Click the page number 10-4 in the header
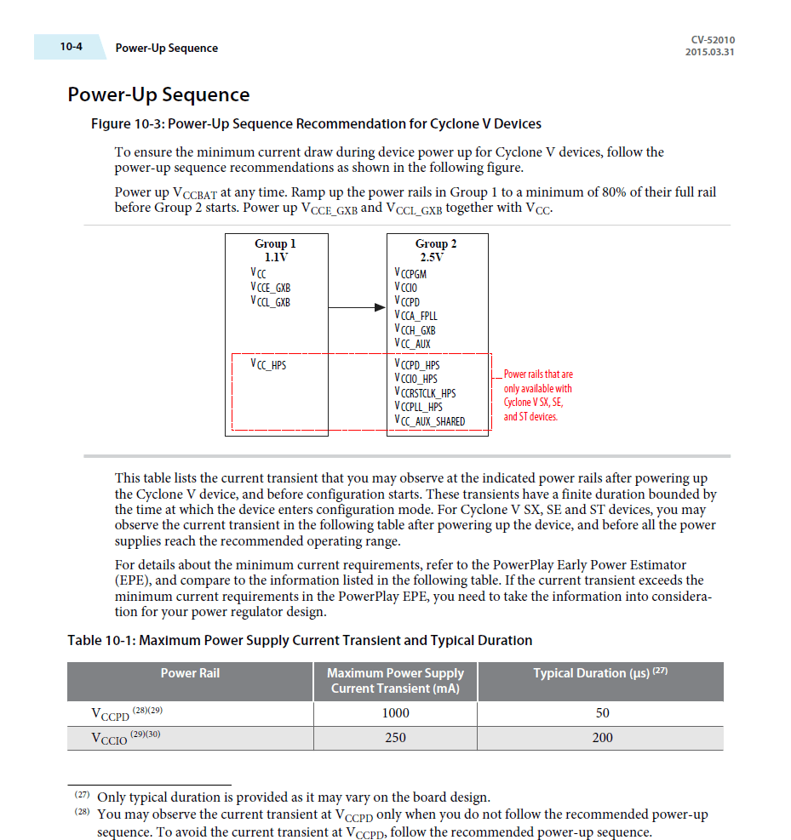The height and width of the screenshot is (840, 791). [71, 47]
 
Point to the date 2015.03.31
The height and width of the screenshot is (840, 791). [709, 52]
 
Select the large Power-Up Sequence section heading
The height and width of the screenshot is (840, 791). [158, 94]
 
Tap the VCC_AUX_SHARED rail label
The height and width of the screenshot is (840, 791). [429, 421]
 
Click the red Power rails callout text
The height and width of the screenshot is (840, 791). [537, 395]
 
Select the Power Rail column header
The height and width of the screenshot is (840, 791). [190, 673]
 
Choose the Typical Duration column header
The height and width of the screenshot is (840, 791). [599, 673]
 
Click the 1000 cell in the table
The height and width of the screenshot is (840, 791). [395, 713]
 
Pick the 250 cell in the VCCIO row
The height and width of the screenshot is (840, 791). [395, 738]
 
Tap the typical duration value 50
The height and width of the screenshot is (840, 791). [602, 713]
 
